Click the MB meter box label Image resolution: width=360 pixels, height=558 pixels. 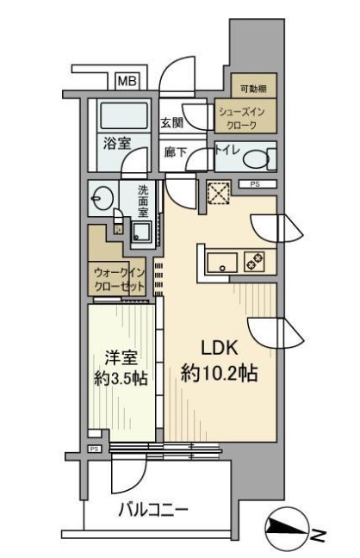click(x=127, y=82)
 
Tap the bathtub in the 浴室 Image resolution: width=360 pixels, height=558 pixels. click(x=124, y=115)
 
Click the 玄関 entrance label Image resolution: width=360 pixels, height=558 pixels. click(x=172, y=123)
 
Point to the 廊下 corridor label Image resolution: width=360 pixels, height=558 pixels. click(x=175, y=152)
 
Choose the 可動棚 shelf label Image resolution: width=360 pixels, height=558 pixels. click(x=253, y=89)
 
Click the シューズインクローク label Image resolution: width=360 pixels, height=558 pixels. click(x=242, y=119)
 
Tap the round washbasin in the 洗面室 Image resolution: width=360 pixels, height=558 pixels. click(x=102, y=198)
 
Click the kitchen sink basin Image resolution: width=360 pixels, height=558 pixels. click(x=222, y=263)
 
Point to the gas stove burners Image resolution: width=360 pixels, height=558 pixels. click(x=254, y=262)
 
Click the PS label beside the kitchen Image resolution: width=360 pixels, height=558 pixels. click(x=255, y=184)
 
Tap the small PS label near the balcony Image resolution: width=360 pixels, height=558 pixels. click(x=94, y=449)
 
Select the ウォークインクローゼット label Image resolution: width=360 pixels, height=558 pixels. click(x=120, y=280)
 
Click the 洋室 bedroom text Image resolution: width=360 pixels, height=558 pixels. click(x=121, y=357)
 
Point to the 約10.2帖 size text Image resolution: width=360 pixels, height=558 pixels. click(x=220, y=374)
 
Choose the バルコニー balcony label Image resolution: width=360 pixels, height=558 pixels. click(x=153, y=511)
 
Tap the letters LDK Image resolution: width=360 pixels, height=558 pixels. click(x=220, y=348)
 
